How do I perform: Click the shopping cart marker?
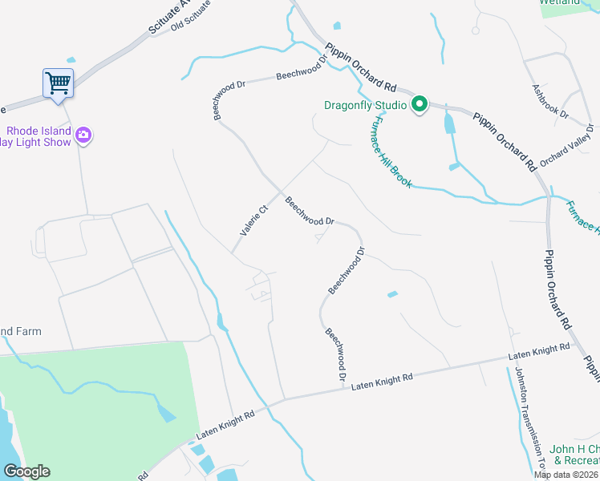coord(58,83)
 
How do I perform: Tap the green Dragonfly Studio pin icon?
coord(419,104)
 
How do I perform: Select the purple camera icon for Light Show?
coord(83,135)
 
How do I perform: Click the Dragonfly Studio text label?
coord(366,105)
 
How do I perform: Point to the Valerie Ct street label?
coord(253,220)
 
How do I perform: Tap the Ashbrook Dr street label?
coord(550,102)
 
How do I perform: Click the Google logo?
coord(26,471)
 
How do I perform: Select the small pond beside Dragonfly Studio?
coord(449,123)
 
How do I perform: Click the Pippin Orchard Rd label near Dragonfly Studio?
coord(362,71)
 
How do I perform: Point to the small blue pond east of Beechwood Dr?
coord(391,294)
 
